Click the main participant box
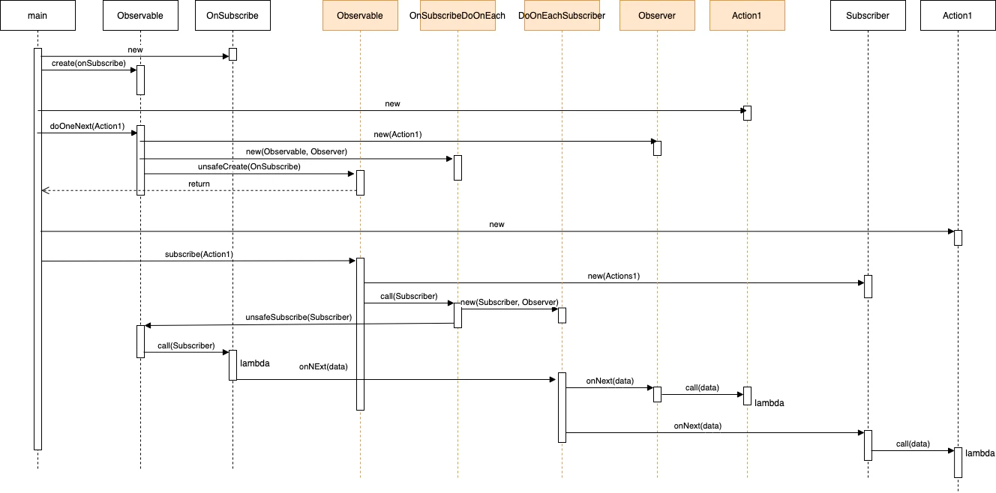(x=37, y=16)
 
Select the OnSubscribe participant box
(x=232, y=16)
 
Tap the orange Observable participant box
(x=360, y=16)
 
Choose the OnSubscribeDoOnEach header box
(x=457, y=16)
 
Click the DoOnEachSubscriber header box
(x=562, y=16)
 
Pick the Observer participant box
(x=657, y=16)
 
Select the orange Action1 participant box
(x=747, y=16)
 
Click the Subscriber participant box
(x=868, y=16)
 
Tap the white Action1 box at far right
(x=958, y=16)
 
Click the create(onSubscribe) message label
(x=88, y=64)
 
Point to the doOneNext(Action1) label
(x=87, y=127)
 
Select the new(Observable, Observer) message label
(x=296, y=151)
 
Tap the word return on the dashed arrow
(x=199, y=184)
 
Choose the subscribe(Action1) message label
(x=199, y=254)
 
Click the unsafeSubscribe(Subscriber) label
(x=298, y=318)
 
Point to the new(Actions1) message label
(x=613, y=276)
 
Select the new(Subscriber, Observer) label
(x=509, y=302)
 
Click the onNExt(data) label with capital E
(x=323, y=366)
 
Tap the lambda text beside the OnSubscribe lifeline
(x=254, y=363)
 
